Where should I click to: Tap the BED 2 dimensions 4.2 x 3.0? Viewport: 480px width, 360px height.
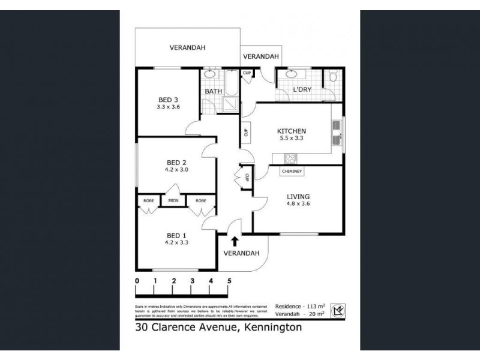[177, 170]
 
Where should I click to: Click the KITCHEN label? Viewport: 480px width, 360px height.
[292, 131]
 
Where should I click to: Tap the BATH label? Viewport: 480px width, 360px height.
[214, 92]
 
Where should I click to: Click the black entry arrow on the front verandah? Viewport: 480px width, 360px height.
[235, 241]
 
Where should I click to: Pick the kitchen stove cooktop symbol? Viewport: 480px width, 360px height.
[290, 158]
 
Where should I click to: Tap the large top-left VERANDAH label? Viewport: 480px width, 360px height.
[185, 47]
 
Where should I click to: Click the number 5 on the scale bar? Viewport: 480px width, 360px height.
[229, 281]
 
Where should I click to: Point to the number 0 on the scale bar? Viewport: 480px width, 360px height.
[137, 281]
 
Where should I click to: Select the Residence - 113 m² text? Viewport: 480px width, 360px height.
[300, 305]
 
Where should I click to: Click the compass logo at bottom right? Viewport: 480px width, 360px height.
[340, 310]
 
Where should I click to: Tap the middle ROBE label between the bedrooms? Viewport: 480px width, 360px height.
[174, 200]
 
